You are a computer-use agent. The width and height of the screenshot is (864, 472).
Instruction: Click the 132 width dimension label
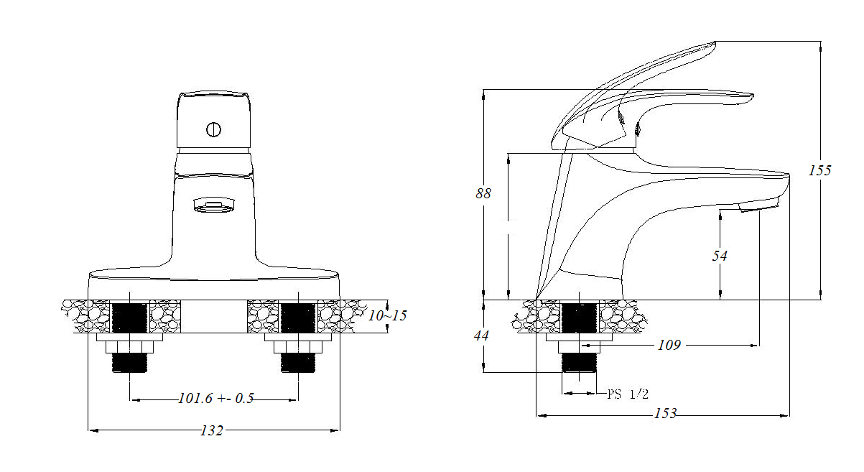(212, 430)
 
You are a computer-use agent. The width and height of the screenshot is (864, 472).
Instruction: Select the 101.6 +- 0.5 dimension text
(216, 398)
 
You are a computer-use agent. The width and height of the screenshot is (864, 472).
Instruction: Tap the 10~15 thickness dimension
(387, 315)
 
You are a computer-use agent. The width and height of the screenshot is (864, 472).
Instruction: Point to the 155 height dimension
(819, 170)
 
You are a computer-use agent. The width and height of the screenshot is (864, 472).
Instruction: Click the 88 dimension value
(483, 193)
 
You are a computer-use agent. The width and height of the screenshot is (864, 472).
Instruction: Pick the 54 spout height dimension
(720, 256)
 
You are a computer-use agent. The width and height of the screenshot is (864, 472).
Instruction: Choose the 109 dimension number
(669, 345)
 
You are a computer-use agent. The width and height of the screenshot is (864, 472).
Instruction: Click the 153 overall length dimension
(665, 414)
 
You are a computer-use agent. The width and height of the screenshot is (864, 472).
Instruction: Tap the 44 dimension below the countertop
(481, 336)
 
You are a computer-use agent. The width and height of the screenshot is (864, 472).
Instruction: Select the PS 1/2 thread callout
(628, 394)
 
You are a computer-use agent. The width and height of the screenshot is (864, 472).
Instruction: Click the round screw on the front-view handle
(213, 129)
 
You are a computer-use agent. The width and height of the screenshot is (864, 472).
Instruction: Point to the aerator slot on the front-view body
(214, 205)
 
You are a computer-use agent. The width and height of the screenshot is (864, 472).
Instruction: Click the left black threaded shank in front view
(129, 318)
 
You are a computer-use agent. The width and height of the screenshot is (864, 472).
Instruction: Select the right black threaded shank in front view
(298, 318)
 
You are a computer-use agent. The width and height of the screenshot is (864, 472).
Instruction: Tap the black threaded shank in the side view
(579, 318)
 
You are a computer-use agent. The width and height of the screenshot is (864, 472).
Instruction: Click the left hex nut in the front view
(129, 347)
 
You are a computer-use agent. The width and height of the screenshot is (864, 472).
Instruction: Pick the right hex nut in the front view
(298, 347)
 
